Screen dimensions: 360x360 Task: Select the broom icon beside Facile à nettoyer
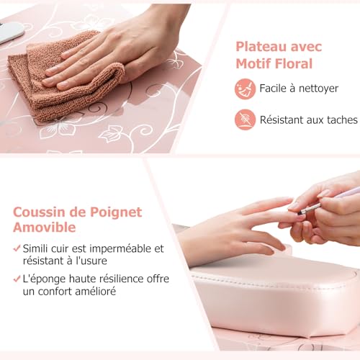[x=245, y=89]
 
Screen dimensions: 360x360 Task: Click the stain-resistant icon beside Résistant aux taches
[x=245, y=119]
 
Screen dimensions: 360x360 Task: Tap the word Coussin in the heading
[x=40, y=212]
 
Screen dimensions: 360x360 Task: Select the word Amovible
[x=45, y=228]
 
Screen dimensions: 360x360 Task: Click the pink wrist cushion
[x=281, y=288]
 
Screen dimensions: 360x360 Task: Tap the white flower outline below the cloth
[x=112, y=133]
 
